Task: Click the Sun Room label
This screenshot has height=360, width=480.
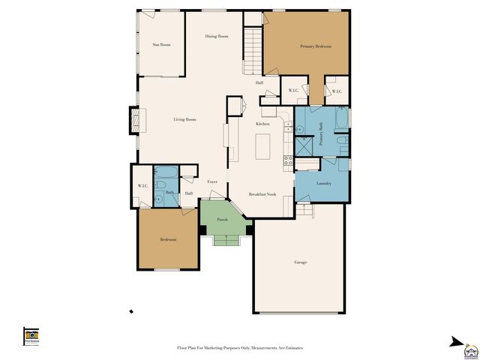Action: [161, 45]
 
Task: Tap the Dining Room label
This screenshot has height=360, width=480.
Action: [217, 36]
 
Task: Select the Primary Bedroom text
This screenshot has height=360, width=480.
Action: [316, 46]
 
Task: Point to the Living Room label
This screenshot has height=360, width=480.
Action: [184, 119]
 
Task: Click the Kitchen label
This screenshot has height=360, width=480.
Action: [262, 123]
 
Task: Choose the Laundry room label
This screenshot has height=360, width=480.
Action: [324, 183]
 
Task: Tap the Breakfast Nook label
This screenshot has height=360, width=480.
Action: [263, 194]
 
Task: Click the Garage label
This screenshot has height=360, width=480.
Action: [300, 262]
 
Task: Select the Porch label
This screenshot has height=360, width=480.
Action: [222, 220]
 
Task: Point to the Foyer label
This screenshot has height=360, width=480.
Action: [212, 181]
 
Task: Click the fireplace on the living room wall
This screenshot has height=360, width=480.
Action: [134, 120]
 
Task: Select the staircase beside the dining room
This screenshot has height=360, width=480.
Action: [253, 49]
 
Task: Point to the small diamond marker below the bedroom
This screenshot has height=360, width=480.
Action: [131, 311]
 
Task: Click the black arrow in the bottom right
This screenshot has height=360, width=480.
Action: [455, 342]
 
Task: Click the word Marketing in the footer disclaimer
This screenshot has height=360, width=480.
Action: [217, 348]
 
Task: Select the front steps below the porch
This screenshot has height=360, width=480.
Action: [225, 240]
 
